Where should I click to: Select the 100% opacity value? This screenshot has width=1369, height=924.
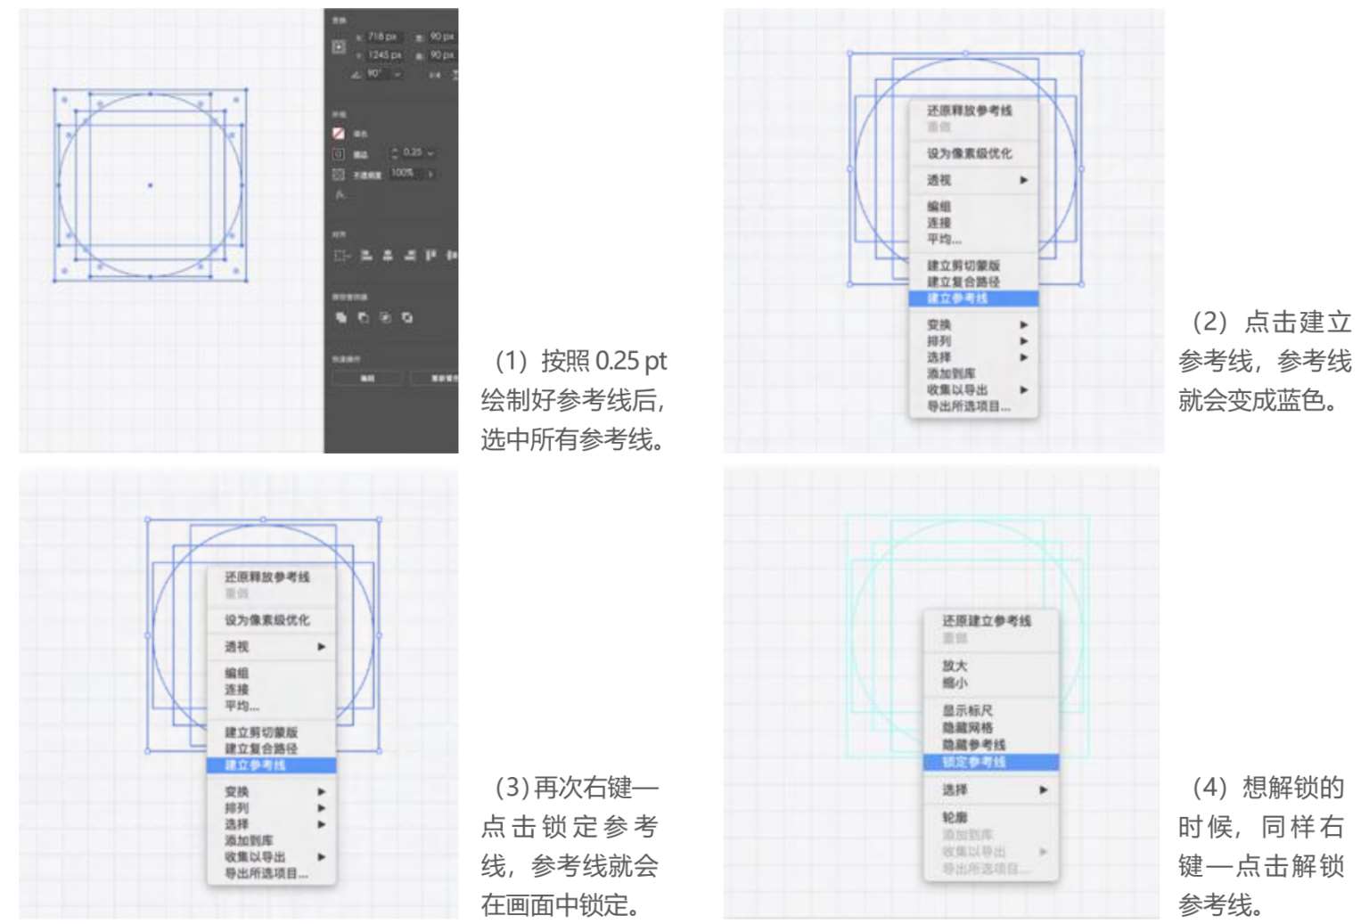402,173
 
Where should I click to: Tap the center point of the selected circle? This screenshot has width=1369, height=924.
150,185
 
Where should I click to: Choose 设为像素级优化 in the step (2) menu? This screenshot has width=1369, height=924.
969,153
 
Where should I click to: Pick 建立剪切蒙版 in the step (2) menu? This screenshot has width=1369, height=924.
963,266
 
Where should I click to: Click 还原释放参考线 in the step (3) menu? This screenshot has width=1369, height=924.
266,577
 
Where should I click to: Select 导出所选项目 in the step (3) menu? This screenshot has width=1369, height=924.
266,873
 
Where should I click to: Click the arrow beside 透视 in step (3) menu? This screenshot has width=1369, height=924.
322,647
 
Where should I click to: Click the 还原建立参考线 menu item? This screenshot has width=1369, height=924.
986,621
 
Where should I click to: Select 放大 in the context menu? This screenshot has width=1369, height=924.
955,666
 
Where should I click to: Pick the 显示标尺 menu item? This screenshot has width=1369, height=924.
967,711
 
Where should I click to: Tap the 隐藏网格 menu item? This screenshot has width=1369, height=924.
967,728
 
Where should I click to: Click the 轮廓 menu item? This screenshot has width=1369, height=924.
955,817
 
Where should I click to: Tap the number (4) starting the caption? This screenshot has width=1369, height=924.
1209,788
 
